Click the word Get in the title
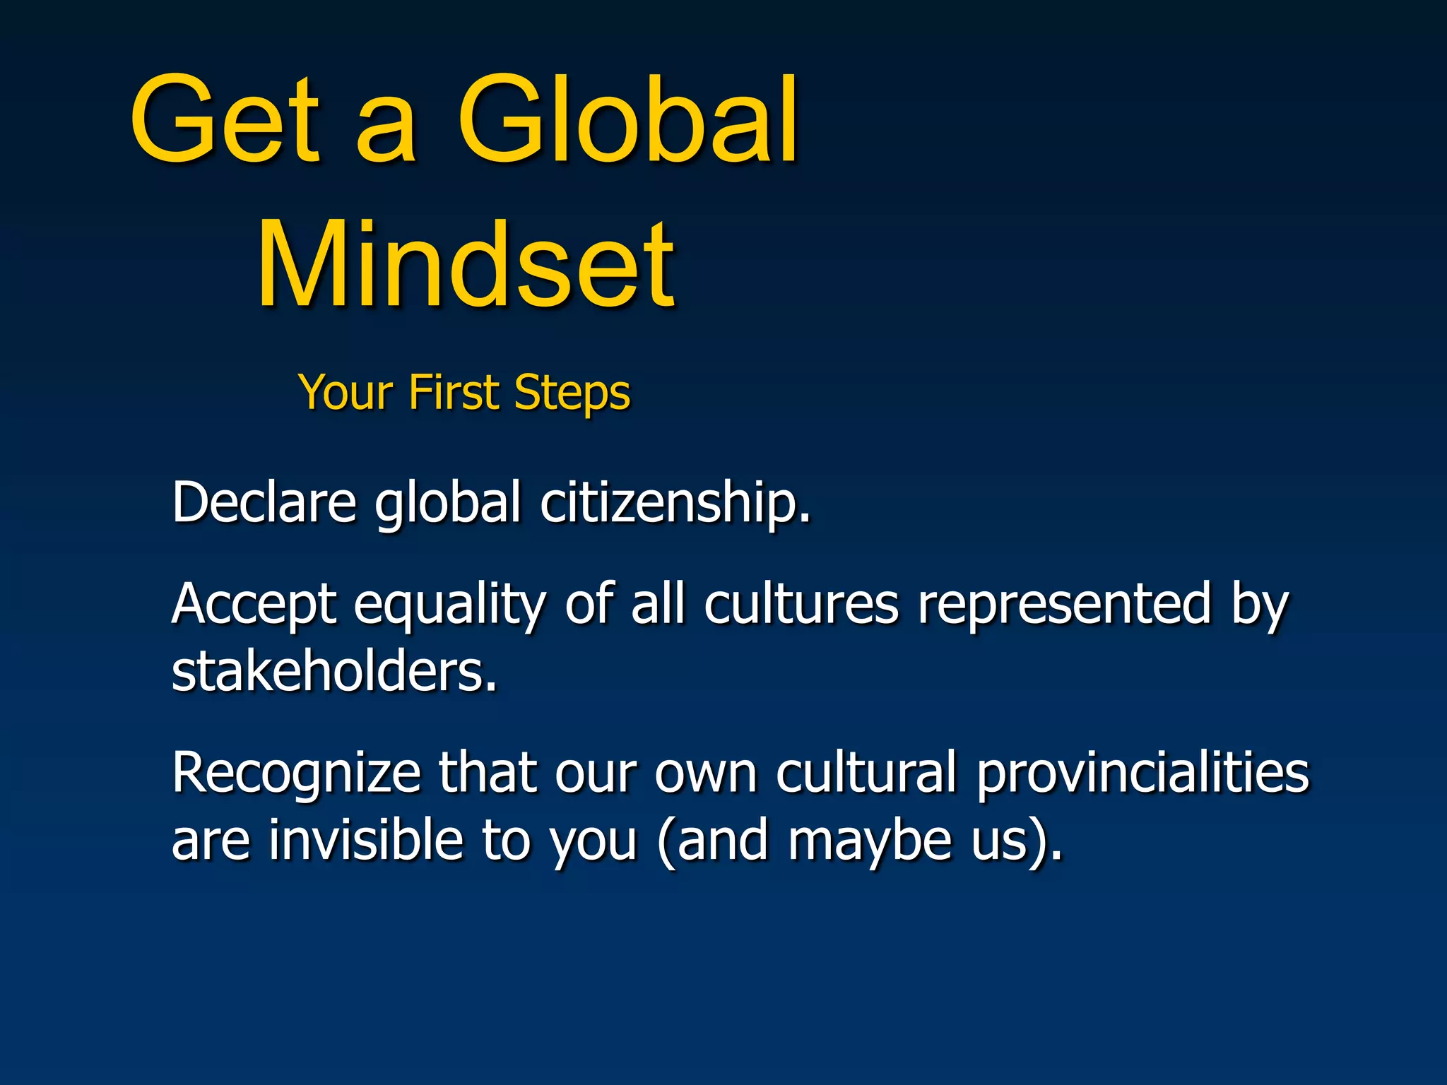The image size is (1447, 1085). tap(225, 120)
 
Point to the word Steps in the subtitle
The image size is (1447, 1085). tap(572, 393)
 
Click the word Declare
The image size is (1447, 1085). tap(264, 502)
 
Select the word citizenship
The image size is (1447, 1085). tap(675, 503)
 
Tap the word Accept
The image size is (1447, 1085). tap(254, 605)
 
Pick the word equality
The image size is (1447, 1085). tap(449, 606)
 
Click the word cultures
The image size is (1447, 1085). tap(801, 605)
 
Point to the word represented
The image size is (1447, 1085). tap(1064, 605)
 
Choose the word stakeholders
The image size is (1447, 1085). tap(334, 671)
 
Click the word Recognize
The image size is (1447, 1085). tap(296, 773)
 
